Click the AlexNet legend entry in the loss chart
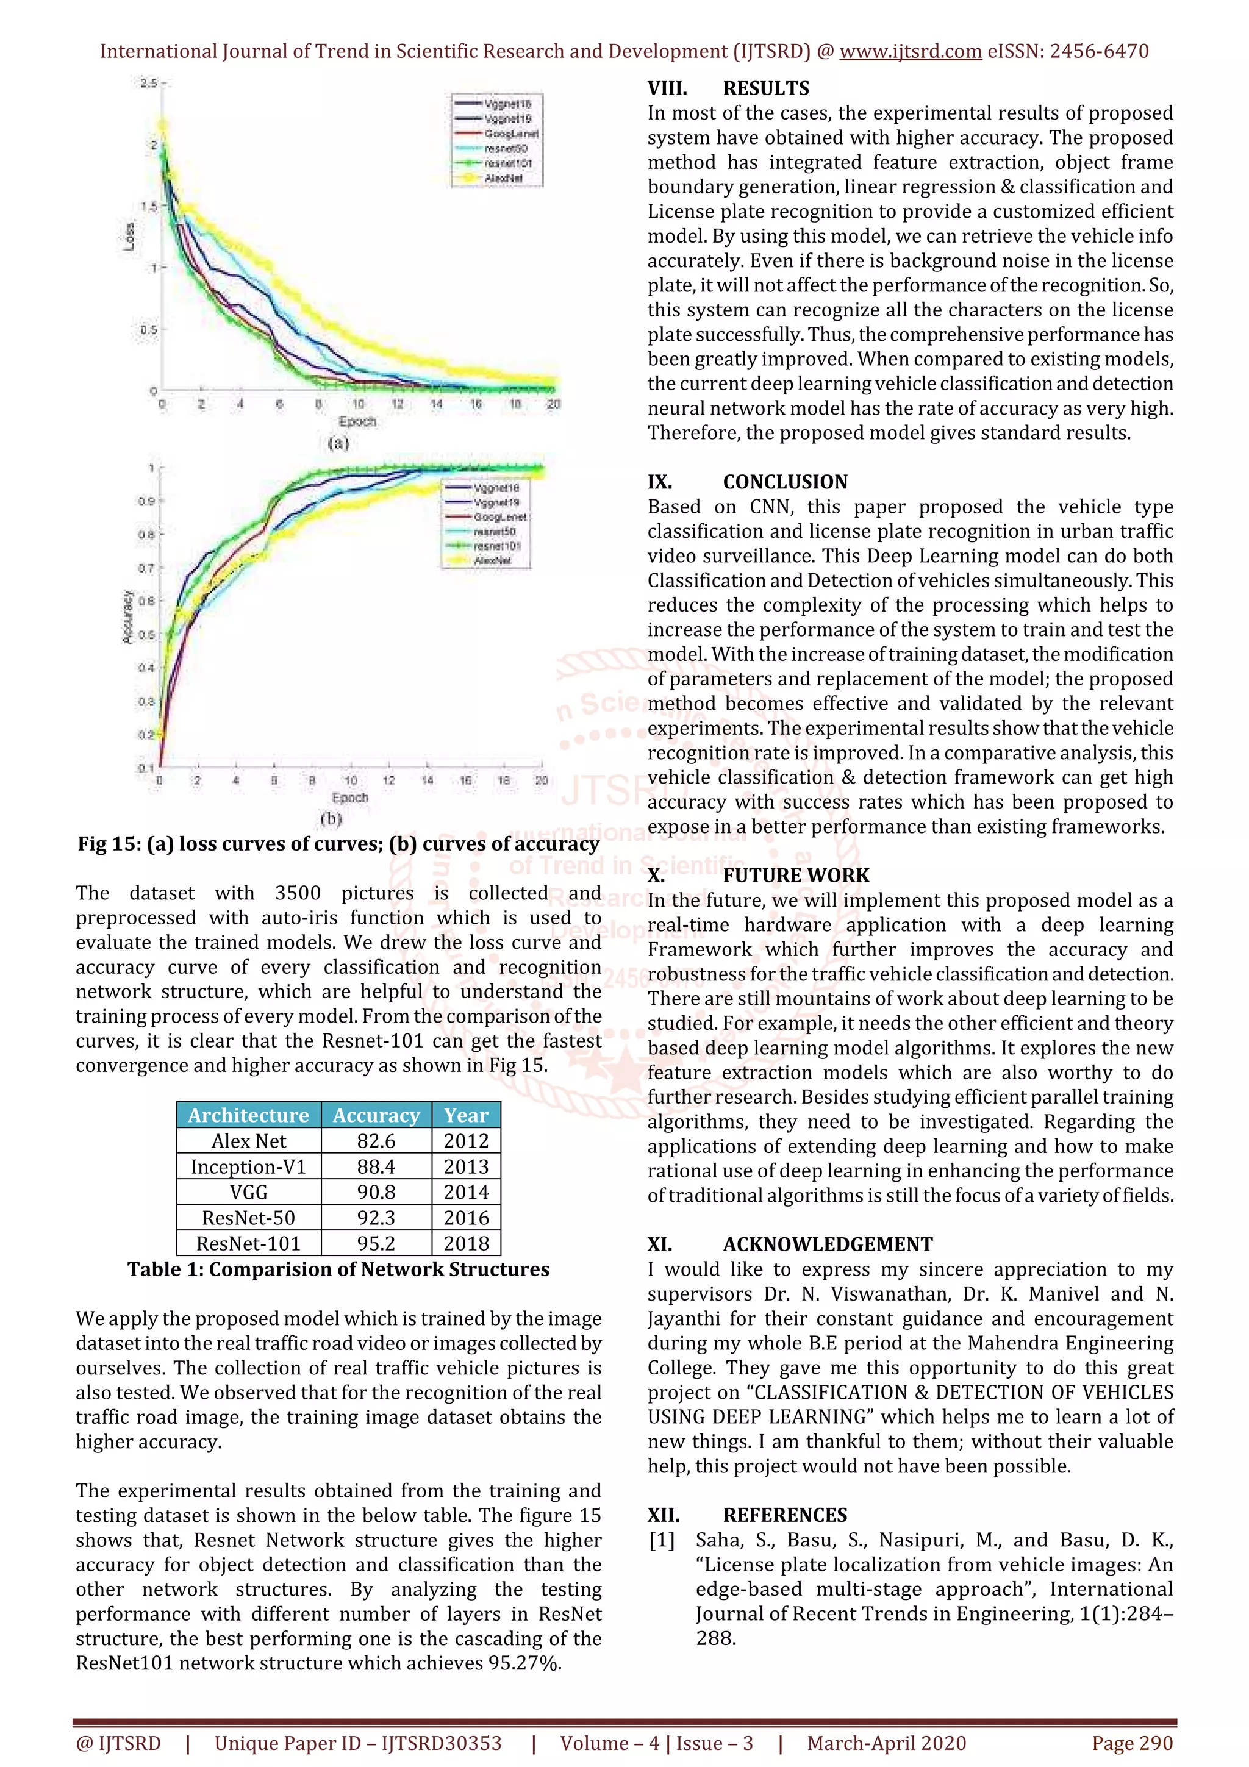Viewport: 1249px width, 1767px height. pyautogui.click(x=503, y=178)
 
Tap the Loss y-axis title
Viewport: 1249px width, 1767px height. pyautogui.click(x=130, y=236)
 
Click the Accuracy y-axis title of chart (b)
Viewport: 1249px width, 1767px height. pyautogui.click(x=127, y=616)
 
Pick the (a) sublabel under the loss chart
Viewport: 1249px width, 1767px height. pyautogui.click(x=338, y=443)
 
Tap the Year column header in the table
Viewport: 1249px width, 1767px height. pyautogui.click(x=465, y=1115)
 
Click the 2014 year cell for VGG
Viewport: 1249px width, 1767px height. pyautogui.click(x=465, y=1192)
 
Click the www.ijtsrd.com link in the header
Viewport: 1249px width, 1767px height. pyautogui.click(x=910, y=52)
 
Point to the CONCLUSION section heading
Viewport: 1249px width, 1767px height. pyautogui.click(x=784, y=482)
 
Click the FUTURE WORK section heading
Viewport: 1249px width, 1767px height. pyautogui.click(x=795, y=876)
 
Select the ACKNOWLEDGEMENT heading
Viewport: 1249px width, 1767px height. pyautogui.click(x=828, y=1244)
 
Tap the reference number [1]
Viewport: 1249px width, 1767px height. pyautogui.click(x=661, y=1540)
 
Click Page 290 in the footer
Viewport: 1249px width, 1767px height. pyautogui.click(x=1132, y=1743)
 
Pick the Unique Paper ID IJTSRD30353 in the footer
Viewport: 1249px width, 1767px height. pyautogui.click(x=358, y=1743)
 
